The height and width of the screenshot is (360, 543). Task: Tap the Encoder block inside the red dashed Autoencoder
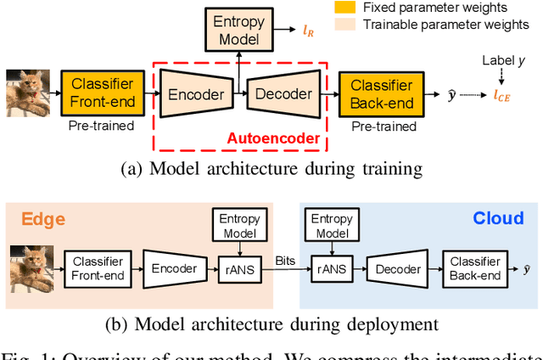[x=195, y=94]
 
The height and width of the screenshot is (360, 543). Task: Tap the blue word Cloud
[x=498, y=219]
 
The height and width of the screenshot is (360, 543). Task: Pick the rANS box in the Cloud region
[x=332, y=268]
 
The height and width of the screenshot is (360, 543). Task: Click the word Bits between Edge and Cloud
[x=286, y=261]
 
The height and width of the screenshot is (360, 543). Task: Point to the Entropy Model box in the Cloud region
[x=332, y=225]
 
